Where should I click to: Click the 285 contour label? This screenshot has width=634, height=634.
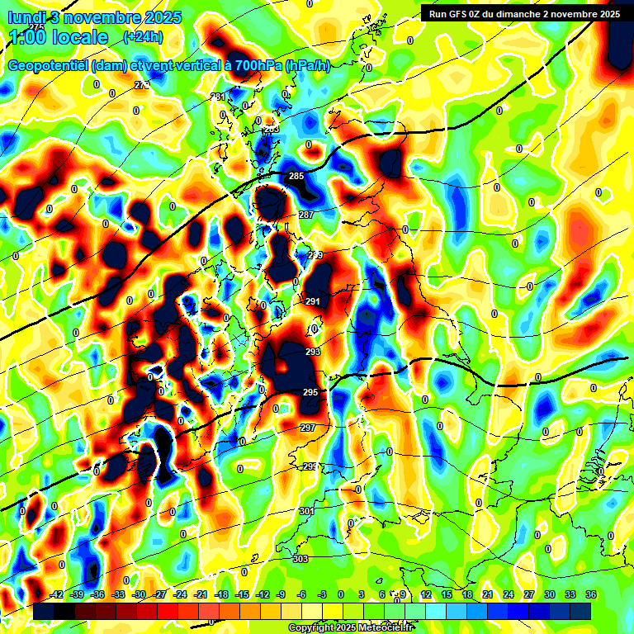[296, 177]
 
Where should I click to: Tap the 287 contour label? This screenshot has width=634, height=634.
[306, 215]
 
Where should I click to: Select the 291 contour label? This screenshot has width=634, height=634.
[313, 302]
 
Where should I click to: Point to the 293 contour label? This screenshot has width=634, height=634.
[313, 352]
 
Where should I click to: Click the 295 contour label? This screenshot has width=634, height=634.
[310, 392]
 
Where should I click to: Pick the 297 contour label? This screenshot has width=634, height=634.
[307, 428]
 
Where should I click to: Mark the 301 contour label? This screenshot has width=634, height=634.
[306, 512]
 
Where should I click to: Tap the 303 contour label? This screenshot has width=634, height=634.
[300, 559]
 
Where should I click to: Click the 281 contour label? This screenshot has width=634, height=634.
[218, 97]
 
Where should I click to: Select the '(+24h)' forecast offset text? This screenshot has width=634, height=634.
[143, 36]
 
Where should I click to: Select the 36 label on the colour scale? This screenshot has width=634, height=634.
[590, 595]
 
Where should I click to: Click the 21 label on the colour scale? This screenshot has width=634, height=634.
[488, 595]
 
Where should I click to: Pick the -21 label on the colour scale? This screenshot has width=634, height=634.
[200, 595]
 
